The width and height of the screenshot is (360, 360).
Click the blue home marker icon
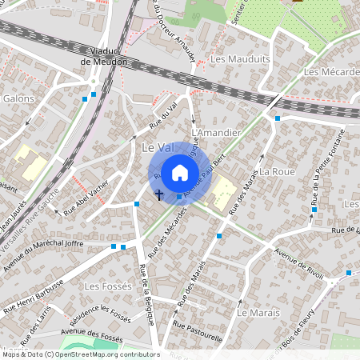[180, 172]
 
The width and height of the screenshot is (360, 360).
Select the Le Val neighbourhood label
[157, 147]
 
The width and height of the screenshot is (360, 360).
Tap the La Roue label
[278, 172]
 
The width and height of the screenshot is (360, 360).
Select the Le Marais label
[256, 311]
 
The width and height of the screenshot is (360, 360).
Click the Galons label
[19, 98]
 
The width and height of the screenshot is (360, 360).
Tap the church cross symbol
[159, 194]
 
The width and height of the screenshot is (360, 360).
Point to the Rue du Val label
[163, 116]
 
